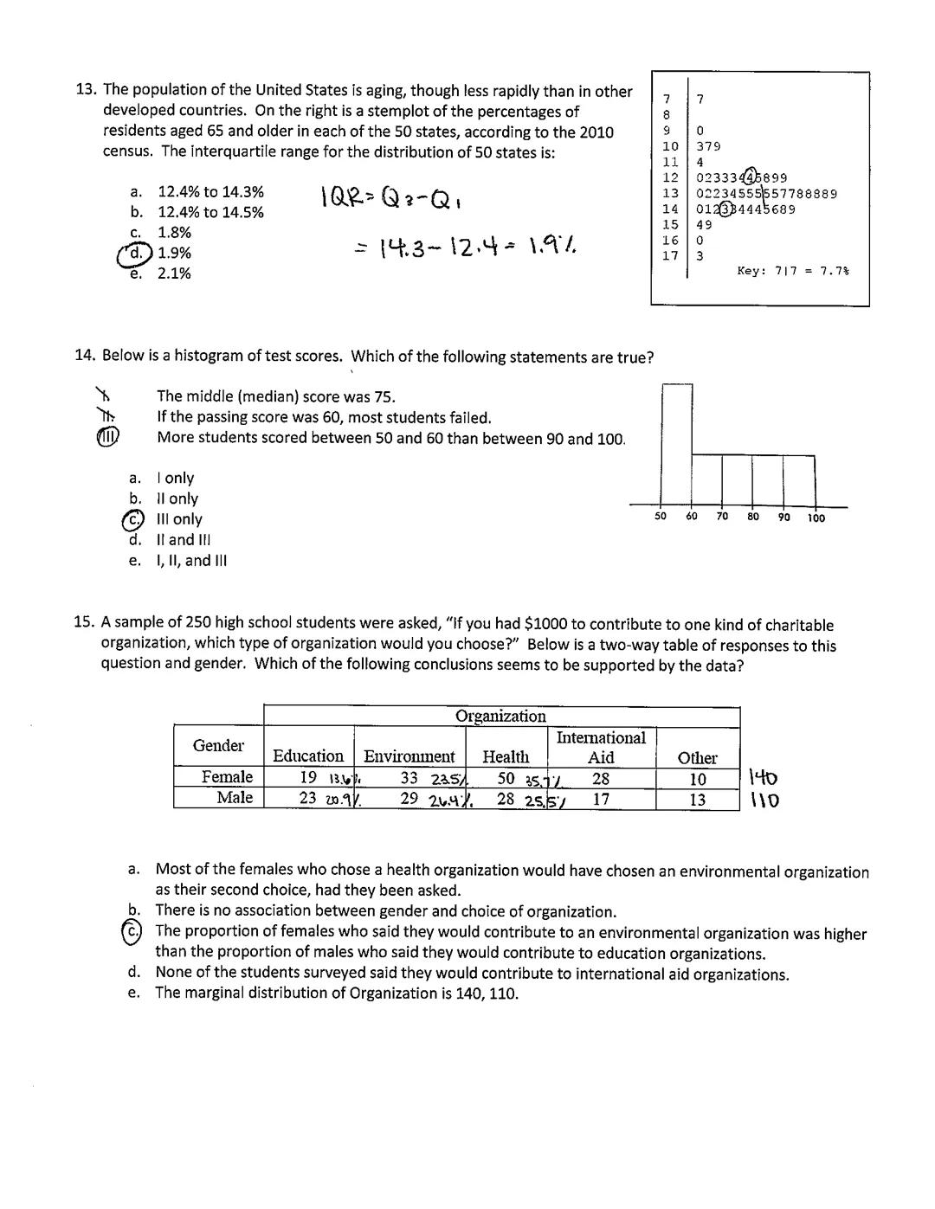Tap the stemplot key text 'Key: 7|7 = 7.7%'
click(792, 271)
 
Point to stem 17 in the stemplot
click(670, 255)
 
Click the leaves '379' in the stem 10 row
click(708, 146)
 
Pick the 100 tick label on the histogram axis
click(816, 518)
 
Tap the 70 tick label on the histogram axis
click(722, 518)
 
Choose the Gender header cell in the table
click(218, 745)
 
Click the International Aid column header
click(601, 747)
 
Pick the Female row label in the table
click(227, 777)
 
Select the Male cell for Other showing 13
click(697, 799)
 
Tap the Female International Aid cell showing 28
click(601, 778)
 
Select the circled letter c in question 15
click(132, 931)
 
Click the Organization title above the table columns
click(500, 716)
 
